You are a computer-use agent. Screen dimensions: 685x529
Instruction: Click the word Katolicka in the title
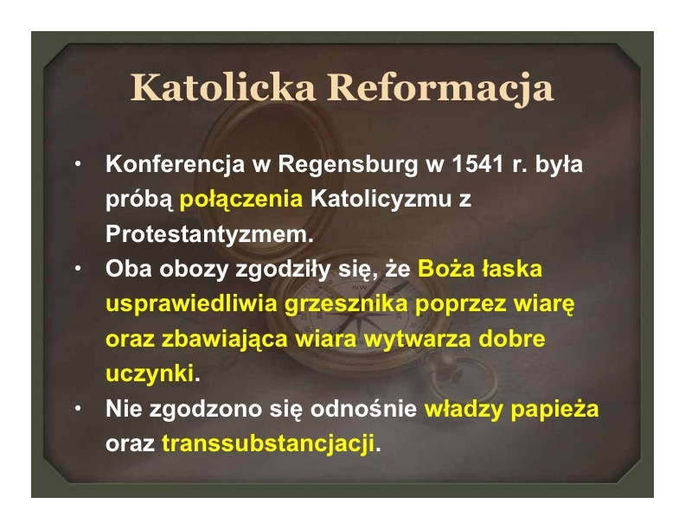223,87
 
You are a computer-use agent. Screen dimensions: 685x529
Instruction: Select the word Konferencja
175,165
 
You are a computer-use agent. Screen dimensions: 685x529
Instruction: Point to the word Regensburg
348,165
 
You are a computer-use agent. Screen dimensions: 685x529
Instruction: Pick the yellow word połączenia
241,200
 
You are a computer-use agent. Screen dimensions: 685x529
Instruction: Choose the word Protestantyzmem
209,234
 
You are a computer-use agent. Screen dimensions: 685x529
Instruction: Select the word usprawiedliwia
192,304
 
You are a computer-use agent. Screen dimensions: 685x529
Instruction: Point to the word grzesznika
347,304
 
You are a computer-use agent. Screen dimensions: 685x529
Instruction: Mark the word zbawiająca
225,339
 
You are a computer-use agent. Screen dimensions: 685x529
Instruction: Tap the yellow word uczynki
150,374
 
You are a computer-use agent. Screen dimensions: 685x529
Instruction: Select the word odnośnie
363,409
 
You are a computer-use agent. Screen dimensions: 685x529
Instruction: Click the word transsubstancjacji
268,444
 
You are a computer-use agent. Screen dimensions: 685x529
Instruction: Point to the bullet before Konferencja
78,163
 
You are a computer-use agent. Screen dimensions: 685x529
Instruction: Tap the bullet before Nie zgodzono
78,409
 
